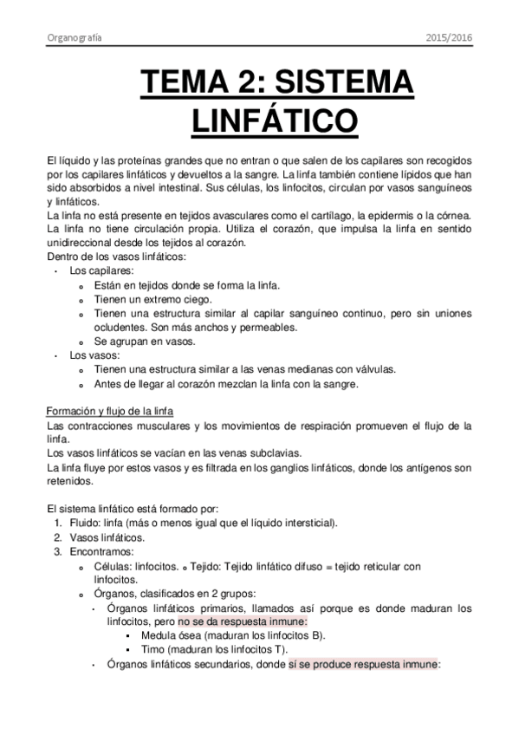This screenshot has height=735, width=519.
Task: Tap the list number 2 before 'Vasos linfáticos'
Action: pyautogui.click(x=57, y=537)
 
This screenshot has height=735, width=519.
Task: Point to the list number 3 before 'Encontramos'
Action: pyautogui.click(x=57, y=551)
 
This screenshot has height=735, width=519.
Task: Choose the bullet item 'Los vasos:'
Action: pyautogui.click(x=90, y=355)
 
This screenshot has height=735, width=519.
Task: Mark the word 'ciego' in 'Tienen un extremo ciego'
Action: pyautogui.click(x=197, y=299)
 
